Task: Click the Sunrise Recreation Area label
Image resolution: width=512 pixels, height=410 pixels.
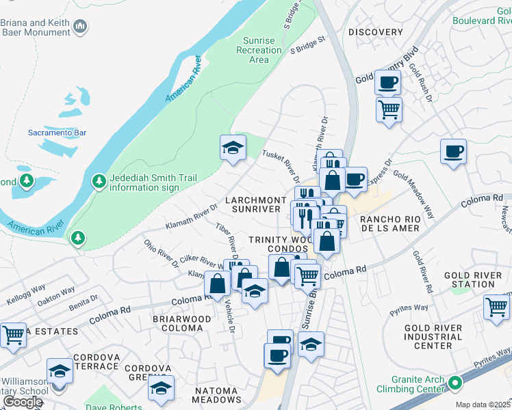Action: click(x=259, y=50)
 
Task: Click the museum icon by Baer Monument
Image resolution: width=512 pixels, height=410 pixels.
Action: click(x=81, y=27)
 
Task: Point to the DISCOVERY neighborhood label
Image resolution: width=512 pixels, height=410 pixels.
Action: click(x=375, y=32)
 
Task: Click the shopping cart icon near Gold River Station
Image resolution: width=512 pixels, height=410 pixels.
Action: click(x=496, y=307)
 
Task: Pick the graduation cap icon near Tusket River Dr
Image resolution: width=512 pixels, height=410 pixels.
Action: click(x=233, y=147)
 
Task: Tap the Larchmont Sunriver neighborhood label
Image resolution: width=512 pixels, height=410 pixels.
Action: click(x=255, y=204)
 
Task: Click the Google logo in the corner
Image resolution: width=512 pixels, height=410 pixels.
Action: click(x=23, y=402)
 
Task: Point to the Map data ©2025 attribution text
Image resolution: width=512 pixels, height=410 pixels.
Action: click(x=483, y=405)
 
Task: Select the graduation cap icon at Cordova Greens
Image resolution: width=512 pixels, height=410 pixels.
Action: click(x=162, y=387)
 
